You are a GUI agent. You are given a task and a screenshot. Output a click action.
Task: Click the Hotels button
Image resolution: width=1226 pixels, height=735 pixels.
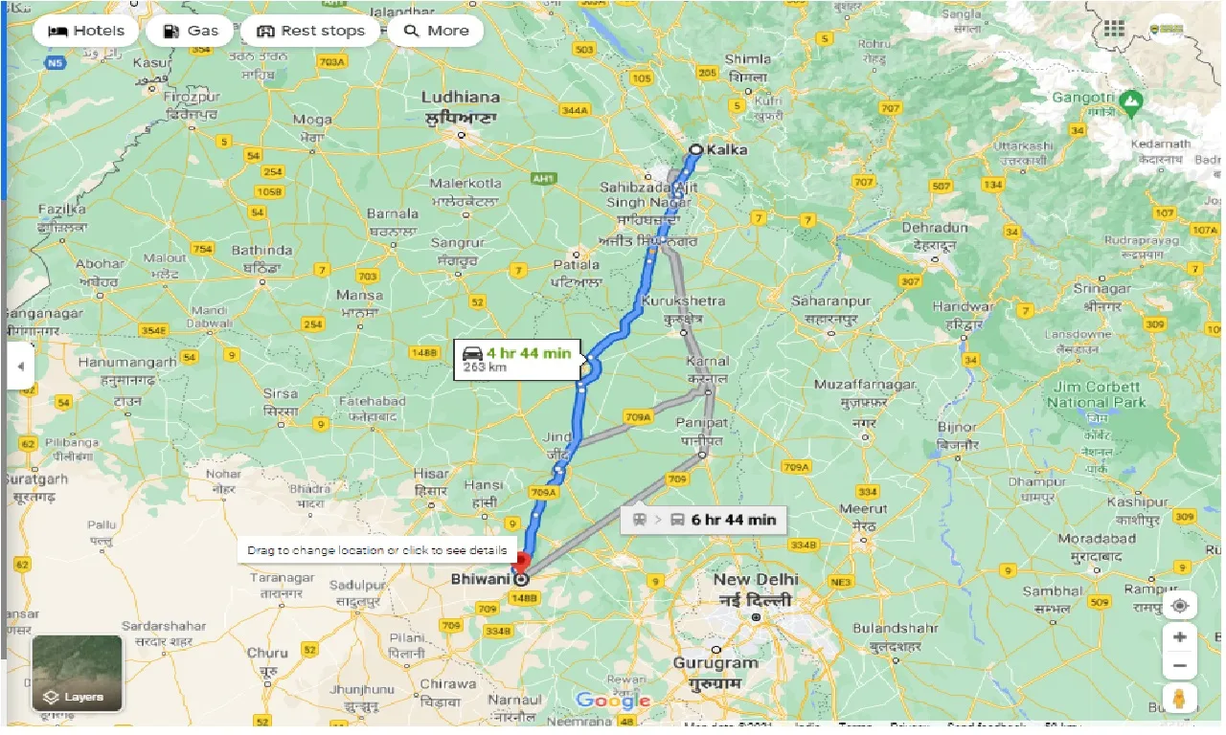(x=86, y=31)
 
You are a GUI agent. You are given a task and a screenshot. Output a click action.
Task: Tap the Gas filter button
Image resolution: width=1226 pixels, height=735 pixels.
(x=191, y=31)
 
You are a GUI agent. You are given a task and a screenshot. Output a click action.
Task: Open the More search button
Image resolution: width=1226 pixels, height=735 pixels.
(x=436, y=31)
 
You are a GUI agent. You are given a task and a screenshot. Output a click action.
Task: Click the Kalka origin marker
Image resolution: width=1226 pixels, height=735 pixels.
(x=696, y=149)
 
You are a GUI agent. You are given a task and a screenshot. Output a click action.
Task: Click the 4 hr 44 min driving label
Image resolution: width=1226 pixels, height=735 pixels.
(x=517, y=359)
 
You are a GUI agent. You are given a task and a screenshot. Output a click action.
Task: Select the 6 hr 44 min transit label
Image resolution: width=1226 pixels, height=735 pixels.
(x=704, y=520)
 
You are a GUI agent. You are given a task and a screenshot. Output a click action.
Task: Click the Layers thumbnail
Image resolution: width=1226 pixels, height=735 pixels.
(x=78, y=673)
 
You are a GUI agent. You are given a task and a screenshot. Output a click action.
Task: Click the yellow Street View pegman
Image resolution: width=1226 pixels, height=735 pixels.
(x=1179, y=699)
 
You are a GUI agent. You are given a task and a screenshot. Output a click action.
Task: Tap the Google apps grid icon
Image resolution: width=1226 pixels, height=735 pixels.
(x=1114, y=29)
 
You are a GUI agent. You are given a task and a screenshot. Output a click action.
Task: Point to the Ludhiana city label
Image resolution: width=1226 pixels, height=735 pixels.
(x=461, y=98)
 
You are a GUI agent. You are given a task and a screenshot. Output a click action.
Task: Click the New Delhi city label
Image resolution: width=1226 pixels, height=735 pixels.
(x=756, y=580)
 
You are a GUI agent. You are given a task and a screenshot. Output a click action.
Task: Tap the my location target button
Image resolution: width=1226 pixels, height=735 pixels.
(x=1179, y=607)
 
